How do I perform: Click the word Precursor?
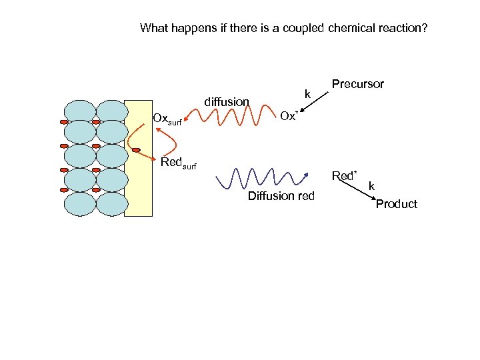[358, 85]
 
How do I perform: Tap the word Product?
[396, 204]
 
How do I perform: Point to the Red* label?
[345, 176]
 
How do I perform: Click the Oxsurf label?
[167, 119]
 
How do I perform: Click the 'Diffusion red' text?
[281, 196]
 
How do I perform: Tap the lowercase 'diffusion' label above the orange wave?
[227, 102]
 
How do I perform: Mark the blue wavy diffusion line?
[263, 178]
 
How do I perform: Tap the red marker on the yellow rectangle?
[136, 150]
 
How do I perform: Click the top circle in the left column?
[80, 111]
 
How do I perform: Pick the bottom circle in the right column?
[111, 203]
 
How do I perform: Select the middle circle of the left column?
[80, 157]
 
